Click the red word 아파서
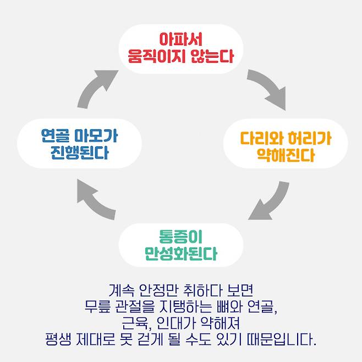point(181,40)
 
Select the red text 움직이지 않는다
point(181,55)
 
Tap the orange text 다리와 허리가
point(286,138)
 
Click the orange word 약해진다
point(286,155)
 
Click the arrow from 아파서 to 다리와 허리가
point(268,88)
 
